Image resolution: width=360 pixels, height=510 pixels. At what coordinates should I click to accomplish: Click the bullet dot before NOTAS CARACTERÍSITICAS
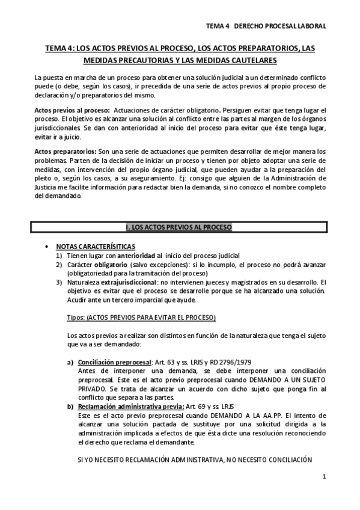pos(47,248)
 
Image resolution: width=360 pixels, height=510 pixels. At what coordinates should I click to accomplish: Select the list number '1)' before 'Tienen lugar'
pos(59,256)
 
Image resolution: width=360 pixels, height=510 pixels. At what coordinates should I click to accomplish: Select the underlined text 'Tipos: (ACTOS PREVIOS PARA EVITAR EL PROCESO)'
pos(141,317)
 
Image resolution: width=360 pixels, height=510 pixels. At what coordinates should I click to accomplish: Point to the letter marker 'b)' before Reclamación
pos(70,407)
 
